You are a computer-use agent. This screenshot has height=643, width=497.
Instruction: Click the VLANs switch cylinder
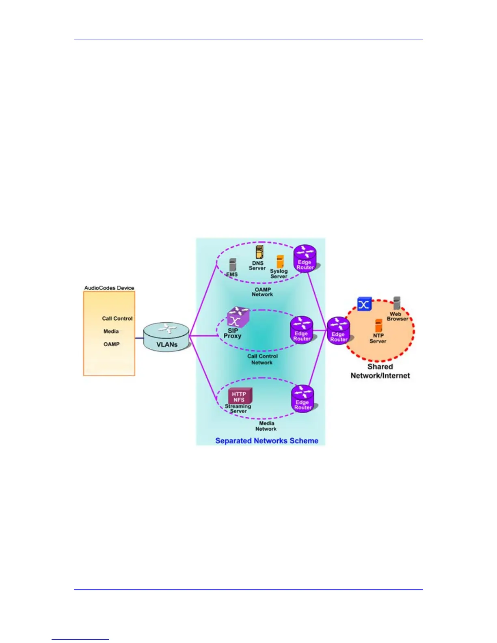[x=166, y=337]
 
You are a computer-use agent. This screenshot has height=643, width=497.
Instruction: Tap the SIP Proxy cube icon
[x=238, y=317]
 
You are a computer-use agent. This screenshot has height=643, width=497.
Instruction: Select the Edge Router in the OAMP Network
[x=305, y=258]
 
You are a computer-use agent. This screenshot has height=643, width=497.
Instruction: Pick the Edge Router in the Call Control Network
[x=302, y=329]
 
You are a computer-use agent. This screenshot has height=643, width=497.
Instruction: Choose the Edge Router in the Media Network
[x=303, y=398]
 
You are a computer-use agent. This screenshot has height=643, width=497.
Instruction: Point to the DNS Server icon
[x=259, y=252]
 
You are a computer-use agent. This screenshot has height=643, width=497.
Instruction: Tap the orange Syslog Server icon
[x=280, y=261]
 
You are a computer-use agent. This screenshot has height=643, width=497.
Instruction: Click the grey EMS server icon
[x=232, y=265]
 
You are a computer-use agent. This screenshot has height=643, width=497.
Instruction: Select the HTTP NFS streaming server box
[x=239, y=396]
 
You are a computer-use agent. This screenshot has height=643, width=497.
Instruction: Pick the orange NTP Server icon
[x=378, y=326]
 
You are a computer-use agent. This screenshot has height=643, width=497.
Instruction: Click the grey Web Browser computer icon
[x=397, y=303]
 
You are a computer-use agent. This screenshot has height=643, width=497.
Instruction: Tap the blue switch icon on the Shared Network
[x=364, y=304]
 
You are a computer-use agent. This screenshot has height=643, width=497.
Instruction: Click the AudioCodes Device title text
[x=109, y=288]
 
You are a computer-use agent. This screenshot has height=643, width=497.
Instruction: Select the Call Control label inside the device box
[x=117, y=319]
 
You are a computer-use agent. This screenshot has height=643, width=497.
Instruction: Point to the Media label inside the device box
[x=111, y=331]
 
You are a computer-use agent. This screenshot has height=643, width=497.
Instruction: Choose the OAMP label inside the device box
[x=111, y=344]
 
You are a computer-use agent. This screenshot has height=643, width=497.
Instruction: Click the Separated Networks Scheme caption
[x=267, y=441]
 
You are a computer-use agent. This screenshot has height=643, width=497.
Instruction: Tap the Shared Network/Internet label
[x=380, y=371]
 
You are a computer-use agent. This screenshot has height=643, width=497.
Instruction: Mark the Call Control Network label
[x=262, y=359]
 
